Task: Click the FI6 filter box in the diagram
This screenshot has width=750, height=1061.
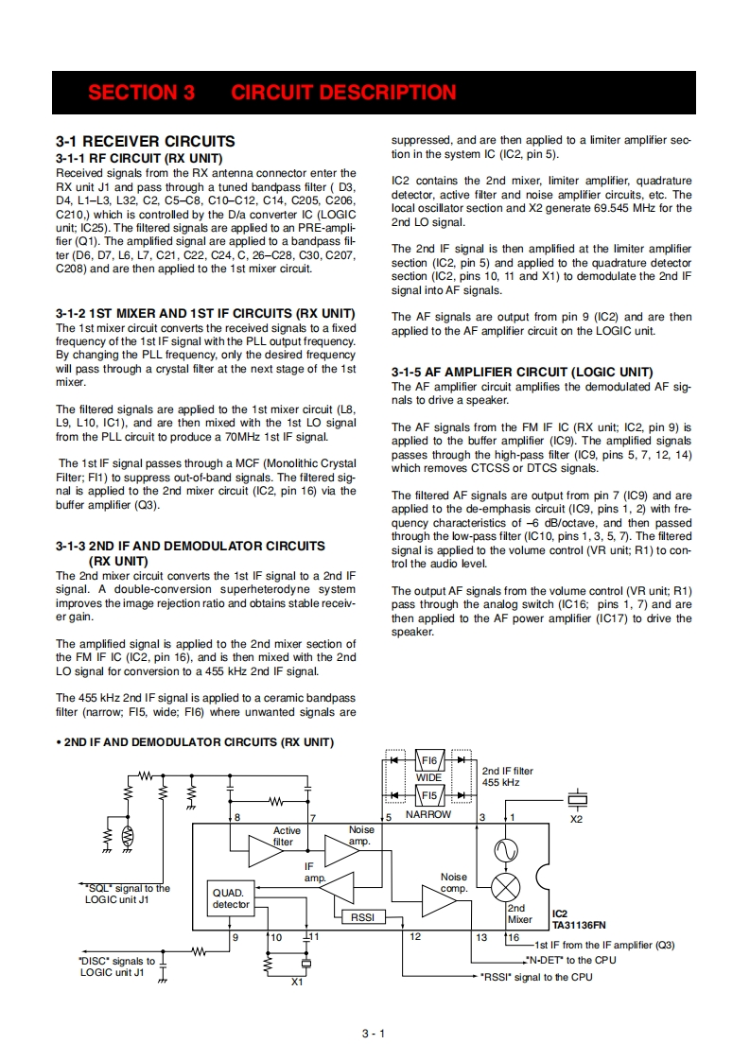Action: (428, 760)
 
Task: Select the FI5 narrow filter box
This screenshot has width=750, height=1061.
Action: (428, 795)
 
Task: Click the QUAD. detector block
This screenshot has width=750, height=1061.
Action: (231, 898)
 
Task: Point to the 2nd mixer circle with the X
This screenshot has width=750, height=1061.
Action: (508, 887)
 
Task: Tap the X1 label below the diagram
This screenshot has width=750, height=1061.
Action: (298, 982)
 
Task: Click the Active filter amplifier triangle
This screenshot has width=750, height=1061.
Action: (267, 847)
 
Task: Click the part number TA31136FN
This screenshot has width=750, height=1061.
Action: (580, 927)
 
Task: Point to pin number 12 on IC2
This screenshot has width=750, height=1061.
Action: (415, 936)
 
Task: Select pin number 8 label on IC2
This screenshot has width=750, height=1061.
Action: (237, 816)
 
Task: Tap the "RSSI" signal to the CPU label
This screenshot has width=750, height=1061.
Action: (536, 977)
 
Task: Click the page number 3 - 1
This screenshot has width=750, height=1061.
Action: (375, 1033)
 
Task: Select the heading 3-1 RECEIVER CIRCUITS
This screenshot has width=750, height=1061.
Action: (146, 141)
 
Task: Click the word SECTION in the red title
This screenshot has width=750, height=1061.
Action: (129, 93)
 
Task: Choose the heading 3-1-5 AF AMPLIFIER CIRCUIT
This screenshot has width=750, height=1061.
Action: (522, 372)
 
